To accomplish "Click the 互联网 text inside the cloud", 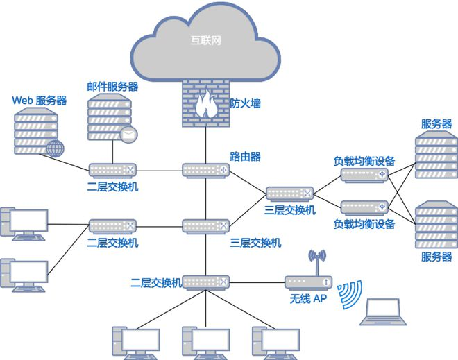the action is pos(205,40).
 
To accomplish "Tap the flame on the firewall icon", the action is pos(205,105).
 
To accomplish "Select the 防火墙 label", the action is pos(245,103).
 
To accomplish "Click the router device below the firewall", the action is pos(206,171).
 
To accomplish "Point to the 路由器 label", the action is pos(245,157).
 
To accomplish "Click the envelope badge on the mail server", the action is pos(128,135).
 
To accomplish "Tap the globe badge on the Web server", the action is pos(55,148).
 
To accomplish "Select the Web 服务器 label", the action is pos(40,101).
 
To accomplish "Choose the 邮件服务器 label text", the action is pos(112,87).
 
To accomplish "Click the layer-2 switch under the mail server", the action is pos(112,171).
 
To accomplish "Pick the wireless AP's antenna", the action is pos(318,262).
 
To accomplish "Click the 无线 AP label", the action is pos(308,299).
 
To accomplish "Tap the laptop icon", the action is pos(383,311).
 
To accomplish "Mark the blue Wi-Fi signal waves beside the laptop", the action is pos(350,294).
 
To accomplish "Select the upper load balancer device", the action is pos(364,175).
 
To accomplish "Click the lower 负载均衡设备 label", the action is pos(364,224).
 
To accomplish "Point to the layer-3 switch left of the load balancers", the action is pos(290,194).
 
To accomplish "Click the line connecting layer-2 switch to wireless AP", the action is pos(257,282).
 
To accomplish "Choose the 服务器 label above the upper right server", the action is pos(436,124).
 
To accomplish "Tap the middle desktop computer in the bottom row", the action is pos(206,343).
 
